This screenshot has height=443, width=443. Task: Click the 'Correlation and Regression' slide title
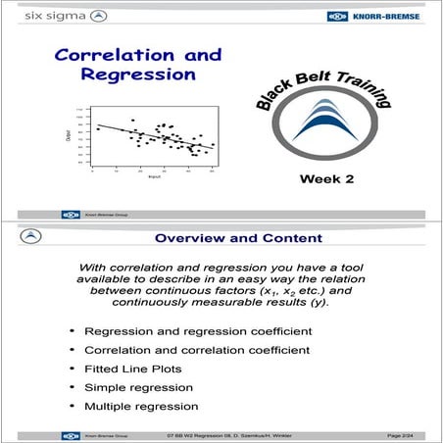tap(137, 65)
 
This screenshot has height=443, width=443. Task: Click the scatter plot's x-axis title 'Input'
tap(154, 177)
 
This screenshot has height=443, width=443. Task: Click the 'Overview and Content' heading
tap(238, 237)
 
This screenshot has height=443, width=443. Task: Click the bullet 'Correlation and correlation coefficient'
tap(198, 350)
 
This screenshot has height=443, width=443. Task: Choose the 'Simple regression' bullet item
tap(140, 387)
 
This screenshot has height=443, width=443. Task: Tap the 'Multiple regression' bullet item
tap(141, 406)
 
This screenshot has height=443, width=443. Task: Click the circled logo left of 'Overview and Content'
tap(31, 237)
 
